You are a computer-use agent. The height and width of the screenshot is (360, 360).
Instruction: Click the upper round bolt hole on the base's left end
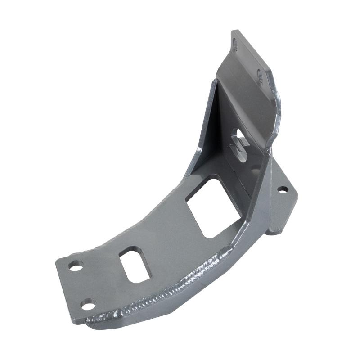[76, 266]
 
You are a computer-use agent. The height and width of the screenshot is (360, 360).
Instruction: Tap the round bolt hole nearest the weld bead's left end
[88, 305]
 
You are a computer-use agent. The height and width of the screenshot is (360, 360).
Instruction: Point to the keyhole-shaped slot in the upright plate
[239, 143]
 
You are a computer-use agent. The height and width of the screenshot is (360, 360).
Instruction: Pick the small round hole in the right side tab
[282, 189]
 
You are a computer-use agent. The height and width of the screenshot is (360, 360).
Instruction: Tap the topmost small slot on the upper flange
[234, 44]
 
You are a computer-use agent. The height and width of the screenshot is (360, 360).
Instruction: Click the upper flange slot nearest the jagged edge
[261, 75]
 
